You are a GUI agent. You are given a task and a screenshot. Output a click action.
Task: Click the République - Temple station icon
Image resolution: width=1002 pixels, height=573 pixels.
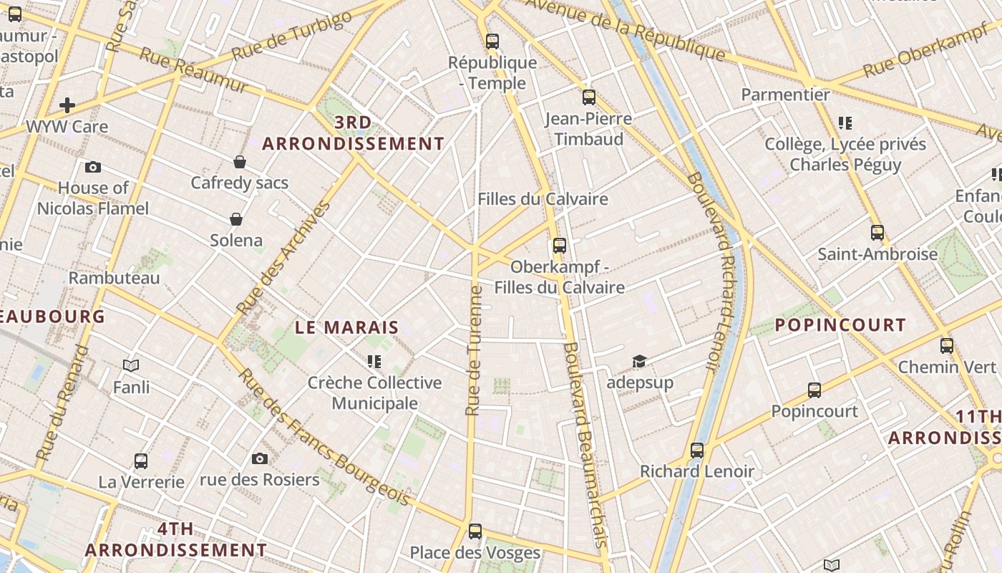pyautogui.click(x=492, y=42)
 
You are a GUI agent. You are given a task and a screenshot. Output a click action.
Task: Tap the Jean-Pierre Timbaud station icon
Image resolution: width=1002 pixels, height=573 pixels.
pyautogui.click(x=588, y=97)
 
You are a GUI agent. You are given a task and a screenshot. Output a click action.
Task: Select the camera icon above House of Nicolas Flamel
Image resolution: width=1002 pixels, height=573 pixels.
pyautogui.click(x=92, y=167)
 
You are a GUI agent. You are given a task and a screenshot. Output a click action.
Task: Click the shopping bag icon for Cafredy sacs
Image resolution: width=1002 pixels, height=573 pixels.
pyautogui.click(x=239, y=162)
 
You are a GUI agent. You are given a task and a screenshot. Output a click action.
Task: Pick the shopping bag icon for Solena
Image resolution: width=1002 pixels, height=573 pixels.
pyautogui.click(x=235, y=219)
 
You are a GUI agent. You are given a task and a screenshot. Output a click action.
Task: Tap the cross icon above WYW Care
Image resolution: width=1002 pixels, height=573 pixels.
pyautogui.click(x=67, y=106)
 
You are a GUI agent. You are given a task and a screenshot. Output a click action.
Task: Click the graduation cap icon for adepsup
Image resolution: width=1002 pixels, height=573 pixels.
pyautogui.click(x=639, y=362)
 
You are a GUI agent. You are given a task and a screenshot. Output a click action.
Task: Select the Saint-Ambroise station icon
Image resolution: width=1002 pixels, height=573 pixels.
pyautogui.click(x=877, y=233)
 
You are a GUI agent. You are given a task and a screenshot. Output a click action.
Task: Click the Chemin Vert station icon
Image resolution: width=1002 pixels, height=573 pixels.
pyautogui.click(x=946, y=346)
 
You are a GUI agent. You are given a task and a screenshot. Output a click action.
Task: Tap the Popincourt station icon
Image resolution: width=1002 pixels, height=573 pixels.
pyautogui.click(x=814, y=390)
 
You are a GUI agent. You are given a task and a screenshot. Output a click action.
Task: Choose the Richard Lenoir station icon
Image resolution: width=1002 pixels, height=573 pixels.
pyautogui.click(x=696, y=451)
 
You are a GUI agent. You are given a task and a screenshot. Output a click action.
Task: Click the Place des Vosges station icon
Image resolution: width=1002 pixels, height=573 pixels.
pyautogui.click(x=475, y=531)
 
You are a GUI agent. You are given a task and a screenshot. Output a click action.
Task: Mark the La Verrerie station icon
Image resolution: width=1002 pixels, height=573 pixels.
pyautogui.click(x=141, y=461)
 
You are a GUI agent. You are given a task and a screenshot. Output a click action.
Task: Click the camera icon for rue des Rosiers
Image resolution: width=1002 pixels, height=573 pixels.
pyautogui.click(x=259, y=458)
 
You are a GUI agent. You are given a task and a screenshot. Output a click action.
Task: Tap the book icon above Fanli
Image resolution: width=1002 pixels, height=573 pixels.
pyautogui.click(x=131, y=366)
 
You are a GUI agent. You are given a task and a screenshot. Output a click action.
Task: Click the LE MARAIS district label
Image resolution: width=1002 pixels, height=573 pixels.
pyautogui.click(x=347, y=328)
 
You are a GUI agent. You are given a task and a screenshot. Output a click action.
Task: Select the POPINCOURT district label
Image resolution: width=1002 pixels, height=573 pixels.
pyautogui.click(x=840, y=325)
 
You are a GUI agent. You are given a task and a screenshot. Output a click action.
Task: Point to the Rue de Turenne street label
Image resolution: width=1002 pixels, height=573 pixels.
pyautogui.click(x=473, y=351)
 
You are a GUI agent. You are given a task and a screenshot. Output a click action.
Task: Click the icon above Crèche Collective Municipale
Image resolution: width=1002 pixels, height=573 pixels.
pyautogui.click(x=374, y=362)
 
